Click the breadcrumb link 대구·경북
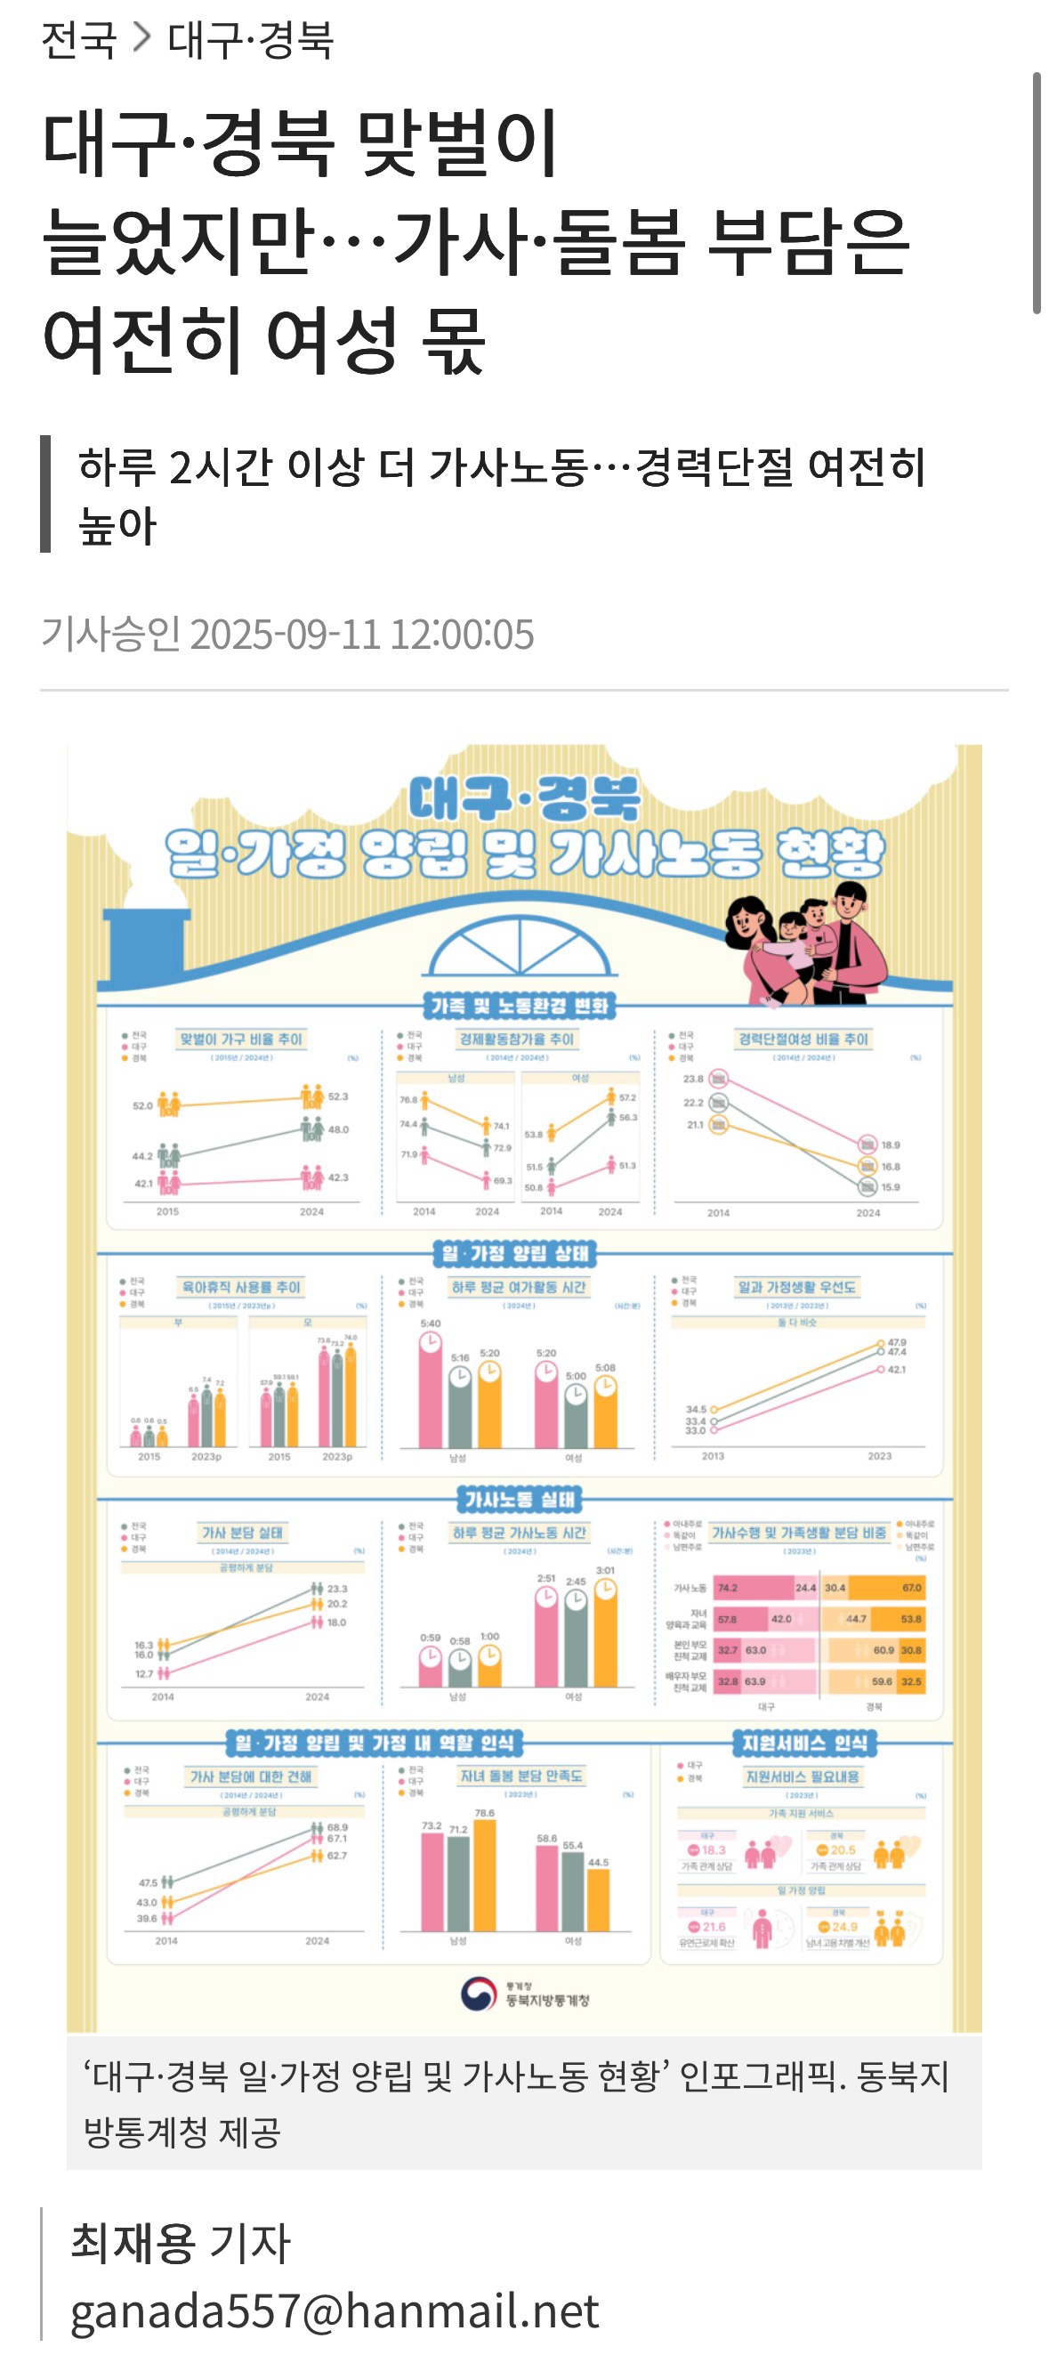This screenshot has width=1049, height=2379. pos(249,40)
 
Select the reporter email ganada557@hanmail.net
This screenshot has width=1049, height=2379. pos(335,2310)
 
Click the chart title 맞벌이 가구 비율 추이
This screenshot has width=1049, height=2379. pos(241,1039)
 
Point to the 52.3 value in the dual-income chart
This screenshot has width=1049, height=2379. pos(338,1096)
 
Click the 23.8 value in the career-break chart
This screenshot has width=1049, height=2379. pos(693,1078)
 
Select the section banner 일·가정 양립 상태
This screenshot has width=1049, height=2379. pos(515,1253)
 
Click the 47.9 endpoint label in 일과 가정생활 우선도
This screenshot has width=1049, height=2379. pos(897,1342)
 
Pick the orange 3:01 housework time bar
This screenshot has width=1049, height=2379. pos(605,1636)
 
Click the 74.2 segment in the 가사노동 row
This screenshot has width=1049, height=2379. pos(753,1588)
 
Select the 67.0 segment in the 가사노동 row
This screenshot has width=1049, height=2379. pos(884,1588)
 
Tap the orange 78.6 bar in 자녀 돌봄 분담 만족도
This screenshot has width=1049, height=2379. pos(484,1874)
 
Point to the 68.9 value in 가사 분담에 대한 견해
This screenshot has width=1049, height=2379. pos(338,1826)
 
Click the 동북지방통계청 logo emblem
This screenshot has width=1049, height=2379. pos(478,1993)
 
